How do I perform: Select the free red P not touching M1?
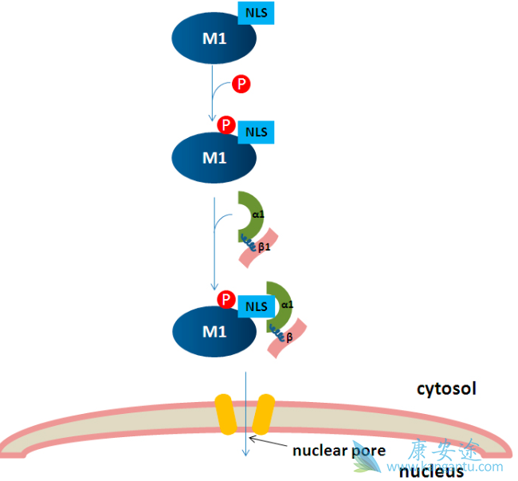241,85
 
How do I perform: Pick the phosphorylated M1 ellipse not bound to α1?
214,157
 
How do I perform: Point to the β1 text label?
265,248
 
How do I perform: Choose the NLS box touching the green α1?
256,306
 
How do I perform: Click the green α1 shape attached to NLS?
280,308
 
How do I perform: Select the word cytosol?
446,389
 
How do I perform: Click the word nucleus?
431,471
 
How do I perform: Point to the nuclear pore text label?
339,451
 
